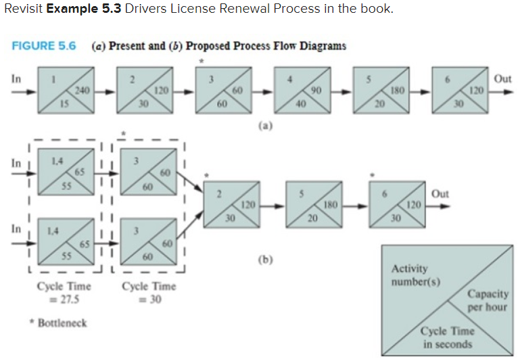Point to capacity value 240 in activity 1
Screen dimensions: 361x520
point(82,91)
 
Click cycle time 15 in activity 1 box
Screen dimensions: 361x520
point(62,103)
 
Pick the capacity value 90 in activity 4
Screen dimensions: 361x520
point(314,91)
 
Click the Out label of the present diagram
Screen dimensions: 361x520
point(502,79)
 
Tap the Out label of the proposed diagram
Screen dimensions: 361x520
point(440,194)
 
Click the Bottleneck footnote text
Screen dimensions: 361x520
point(62,323)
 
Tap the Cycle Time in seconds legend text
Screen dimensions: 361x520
point(448,337)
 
